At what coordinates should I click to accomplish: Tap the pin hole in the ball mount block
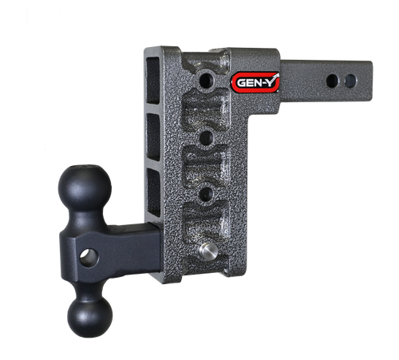click(91, 256)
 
